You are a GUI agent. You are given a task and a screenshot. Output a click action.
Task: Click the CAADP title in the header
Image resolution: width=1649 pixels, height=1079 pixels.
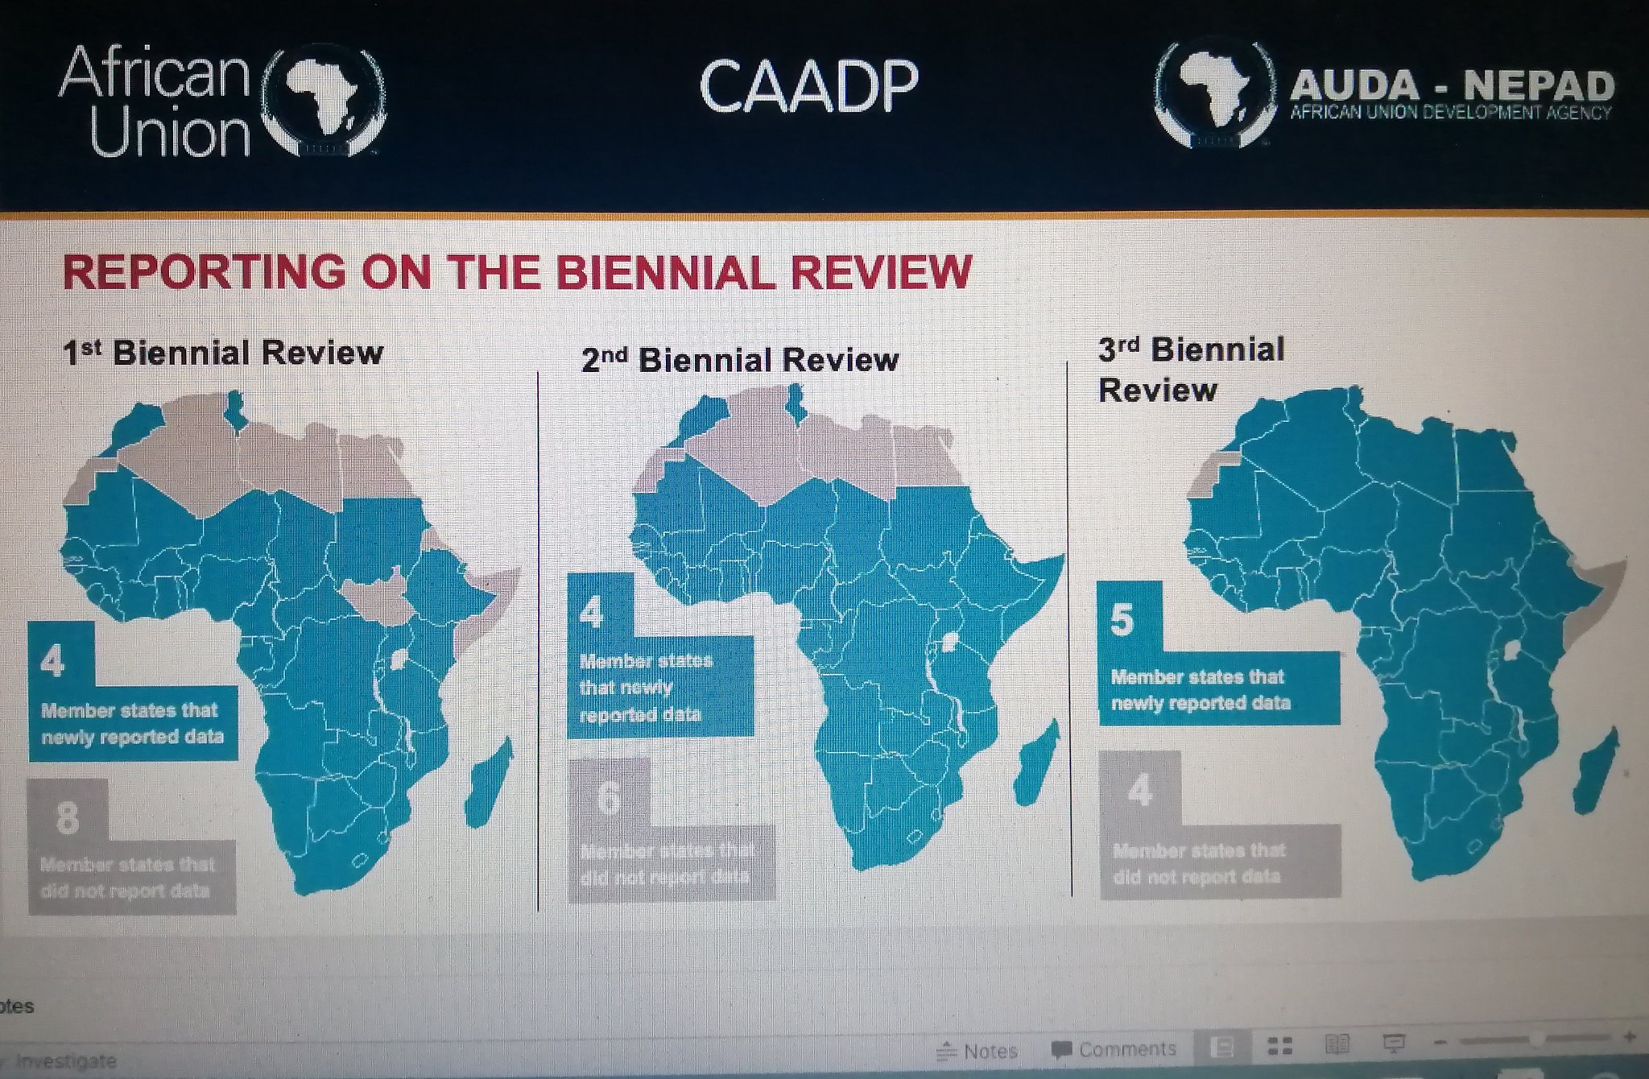coord(808,86)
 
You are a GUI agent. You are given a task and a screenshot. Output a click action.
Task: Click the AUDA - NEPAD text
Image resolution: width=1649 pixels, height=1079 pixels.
coord(1452,86)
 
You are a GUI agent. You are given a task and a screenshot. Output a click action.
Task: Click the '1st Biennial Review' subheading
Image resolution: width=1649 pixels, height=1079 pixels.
coord(223,353)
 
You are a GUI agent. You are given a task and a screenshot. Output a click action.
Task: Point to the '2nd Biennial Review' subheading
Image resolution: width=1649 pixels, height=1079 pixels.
coord(739,360)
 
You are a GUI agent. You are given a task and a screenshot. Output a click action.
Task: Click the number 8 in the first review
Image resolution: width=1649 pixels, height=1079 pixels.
coord(68,817)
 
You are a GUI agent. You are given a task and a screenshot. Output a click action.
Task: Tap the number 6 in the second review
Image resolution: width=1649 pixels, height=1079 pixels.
coord(610,797)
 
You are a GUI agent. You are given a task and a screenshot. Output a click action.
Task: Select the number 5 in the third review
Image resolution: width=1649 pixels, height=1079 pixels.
coord(1122,620)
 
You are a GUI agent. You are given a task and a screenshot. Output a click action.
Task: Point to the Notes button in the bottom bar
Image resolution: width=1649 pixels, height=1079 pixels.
coord(977,1051)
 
